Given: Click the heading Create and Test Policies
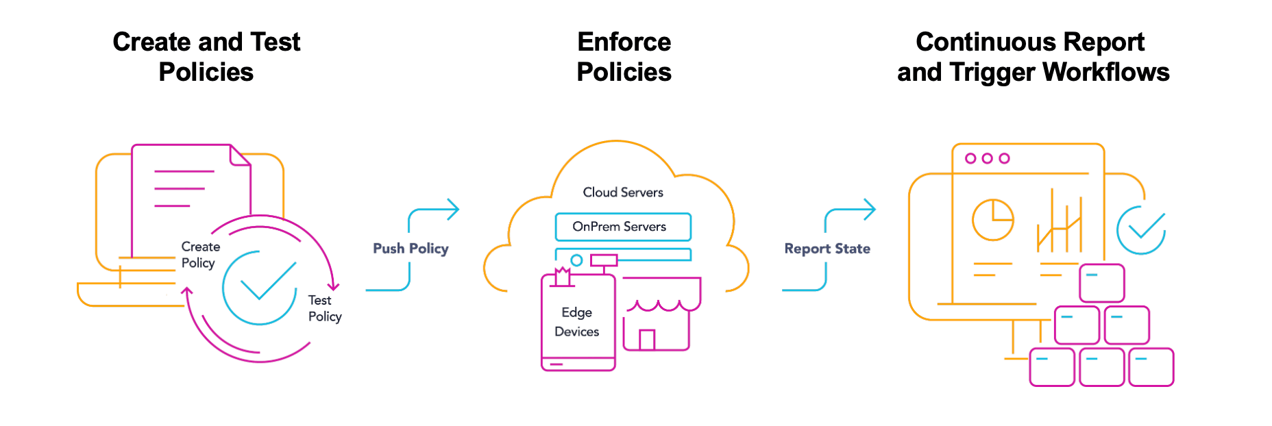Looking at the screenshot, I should pyautogui.click(x=206, y=57).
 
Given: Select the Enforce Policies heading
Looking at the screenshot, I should pyautogui.click(x=624, y=57).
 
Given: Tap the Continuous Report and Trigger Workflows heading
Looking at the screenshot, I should pyautogui.click(x=1032, y=57).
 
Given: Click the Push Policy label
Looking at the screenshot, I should pyautogui.click(x=411, y=249).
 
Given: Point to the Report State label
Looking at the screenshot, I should pyautogui.click(x=827, y=249).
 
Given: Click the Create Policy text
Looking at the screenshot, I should pyautogui.click(x=200, y=255).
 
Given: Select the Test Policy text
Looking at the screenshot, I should pyautogui.click(x=324, y=308).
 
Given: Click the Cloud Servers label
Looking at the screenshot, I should pyautogui.click(x=623, y=192).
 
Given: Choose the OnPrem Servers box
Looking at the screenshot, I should pyautogui.click(x=622, y=227).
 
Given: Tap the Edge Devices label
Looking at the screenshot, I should pyautogui.click(x=576, y=322).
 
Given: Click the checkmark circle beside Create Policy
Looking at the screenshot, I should pyautogui.click(x=260, y=288).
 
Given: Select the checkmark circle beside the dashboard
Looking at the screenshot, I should pyautogui.click(x=1141, y=230).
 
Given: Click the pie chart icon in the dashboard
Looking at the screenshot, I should pyautogui.click(x=992, y=219).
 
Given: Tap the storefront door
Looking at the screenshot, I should pyautogui.click(x=646, y=340).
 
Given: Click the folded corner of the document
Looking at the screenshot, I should pyautogui.click(x=240, y=155).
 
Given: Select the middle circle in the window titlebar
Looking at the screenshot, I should pyautogui.click(x=987, y=158).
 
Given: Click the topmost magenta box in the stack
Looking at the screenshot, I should pyautogui.click(x=1101, y=283).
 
